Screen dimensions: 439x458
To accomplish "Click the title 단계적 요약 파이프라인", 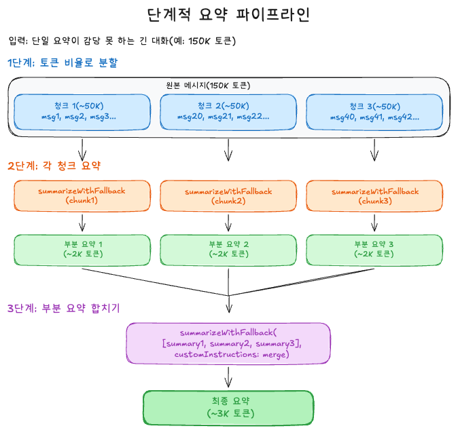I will coord(229,15).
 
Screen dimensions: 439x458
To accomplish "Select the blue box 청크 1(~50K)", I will coord(82,111).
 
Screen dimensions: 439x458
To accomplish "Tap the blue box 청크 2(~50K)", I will coord(228,111).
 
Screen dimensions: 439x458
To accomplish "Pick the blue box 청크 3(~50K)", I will coord(374,111).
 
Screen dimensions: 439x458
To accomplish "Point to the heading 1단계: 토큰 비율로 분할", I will coord(63,63).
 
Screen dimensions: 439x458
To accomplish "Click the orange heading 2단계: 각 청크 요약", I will coord(54,165).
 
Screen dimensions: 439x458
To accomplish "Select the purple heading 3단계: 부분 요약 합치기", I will coord(63,308).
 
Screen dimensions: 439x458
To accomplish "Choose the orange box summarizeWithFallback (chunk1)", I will coord(82,196).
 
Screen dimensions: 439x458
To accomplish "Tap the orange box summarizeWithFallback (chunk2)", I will coord(228,196).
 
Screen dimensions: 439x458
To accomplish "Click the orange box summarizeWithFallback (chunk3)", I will coord(374,196).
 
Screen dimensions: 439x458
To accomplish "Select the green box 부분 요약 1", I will coord(82,249).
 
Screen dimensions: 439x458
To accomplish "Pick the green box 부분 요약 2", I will coord(228,249).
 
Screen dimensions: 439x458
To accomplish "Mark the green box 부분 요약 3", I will coord(374,249).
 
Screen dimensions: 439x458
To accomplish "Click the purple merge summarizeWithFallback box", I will coord(228,344).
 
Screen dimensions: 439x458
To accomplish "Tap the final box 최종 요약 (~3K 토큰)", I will coord(228,407).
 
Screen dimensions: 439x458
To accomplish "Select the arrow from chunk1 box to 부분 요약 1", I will coord(82,223).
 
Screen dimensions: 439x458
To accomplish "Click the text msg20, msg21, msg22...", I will coord(224,117).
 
